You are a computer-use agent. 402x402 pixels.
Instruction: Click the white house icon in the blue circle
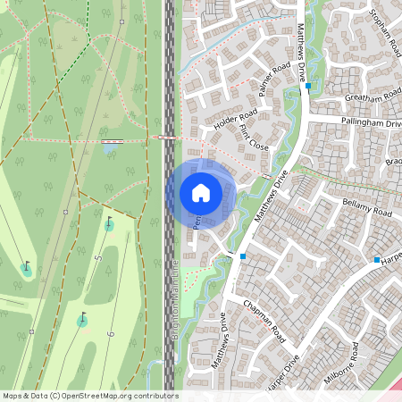[x=200, y=193]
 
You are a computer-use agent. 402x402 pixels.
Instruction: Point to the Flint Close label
[x=254, y=138]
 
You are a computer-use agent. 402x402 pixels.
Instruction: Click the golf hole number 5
[x=99, y=259]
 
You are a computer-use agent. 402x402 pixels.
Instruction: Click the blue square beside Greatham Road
[x=307, y=88]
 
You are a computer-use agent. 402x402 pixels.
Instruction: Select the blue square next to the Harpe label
[x=377, y=260]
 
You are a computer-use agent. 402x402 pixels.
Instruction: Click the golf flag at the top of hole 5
[x=109, y=222]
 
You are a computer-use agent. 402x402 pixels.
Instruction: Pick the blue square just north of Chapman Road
[x=242, y=256]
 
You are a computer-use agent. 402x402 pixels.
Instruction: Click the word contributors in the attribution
[x=152, y=395]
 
